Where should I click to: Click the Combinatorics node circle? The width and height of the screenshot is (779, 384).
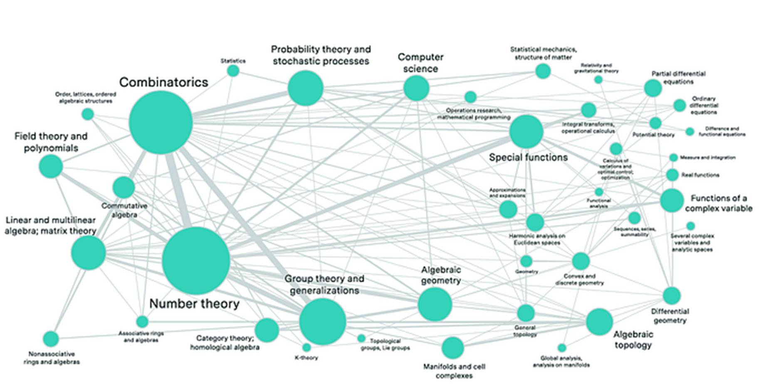click(161, 123)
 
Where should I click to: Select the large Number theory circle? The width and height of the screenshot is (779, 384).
click(195, 261)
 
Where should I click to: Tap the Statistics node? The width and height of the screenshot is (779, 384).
click(233, 71)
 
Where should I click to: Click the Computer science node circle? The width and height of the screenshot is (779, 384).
click(416, 88)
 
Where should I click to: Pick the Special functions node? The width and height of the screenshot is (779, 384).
click(526, 132)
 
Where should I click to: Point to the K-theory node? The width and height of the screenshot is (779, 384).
click(307, 347)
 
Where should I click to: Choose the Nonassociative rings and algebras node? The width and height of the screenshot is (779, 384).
click(51, 339)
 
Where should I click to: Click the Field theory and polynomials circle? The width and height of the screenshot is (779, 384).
click(51, 166)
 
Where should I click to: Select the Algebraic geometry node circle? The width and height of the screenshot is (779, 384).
click(435, 304)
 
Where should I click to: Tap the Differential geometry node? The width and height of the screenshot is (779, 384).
click(671, 296)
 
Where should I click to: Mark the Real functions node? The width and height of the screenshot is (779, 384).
click(672, 175)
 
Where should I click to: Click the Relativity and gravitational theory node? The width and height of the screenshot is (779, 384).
click(598, 80)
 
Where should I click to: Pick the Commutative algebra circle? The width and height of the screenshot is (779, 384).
click(124, 187)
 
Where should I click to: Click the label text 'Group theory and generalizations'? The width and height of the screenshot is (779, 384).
click(324, 285)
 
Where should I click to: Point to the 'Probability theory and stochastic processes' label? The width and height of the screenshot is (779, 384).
click(321, 55)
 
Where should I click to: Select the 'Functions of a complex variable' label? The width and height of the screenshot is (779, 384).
click(719, 203)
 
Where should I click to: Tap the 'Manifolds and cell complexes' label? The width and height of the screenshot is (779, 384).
click(454, 371)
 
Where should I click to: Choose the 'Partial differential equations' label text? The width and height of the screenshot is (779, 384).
click(678, 78)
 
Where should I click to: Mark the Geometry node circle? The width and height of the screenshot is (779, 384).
click(526, 261)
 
